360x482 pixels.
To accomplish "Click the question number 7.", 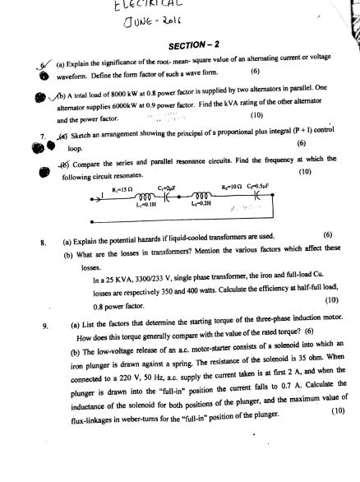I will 30,132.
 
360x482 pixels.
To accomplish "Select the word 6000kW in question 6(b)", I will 132,104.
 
